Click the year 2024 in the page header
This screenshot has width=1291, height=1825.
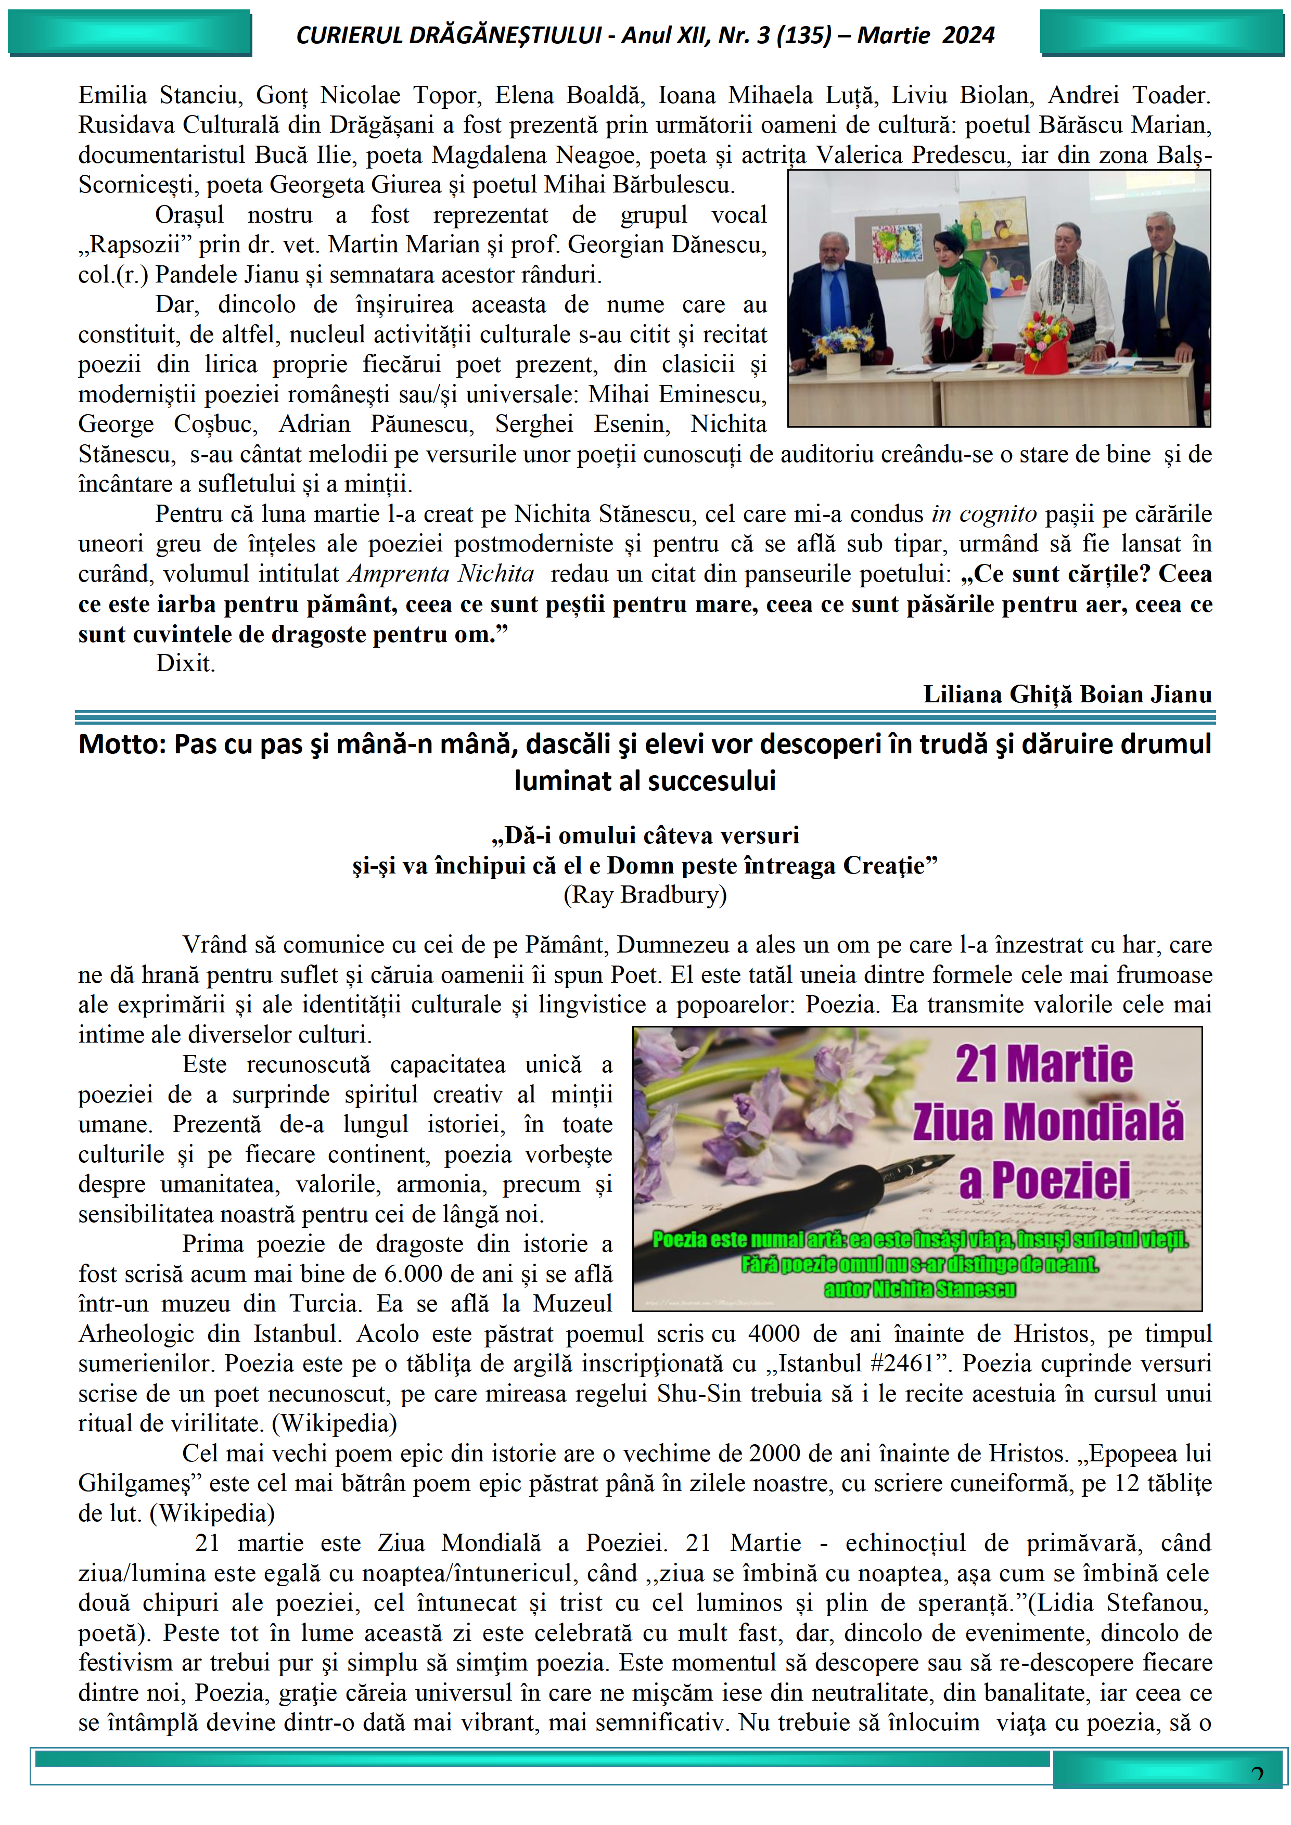(967, 35)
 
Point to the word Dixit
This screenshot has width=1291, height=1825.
(185, 663)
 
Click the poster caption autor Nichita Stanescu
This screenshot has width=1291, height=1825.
(920, 1289)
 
